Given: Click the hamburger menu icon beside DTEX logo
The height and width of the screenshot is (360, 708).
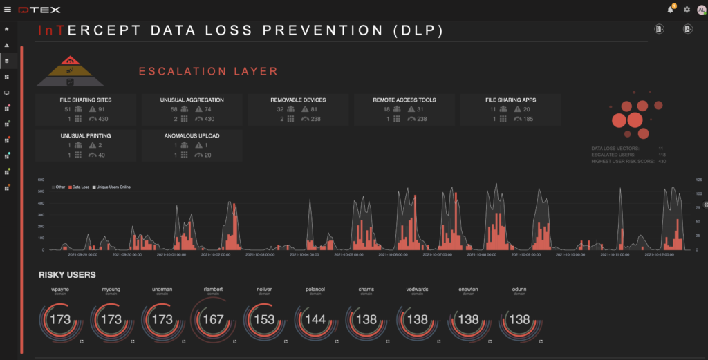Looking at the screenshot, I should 8,9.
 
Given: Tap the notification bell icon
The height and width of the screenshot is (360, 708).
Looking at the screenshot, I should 670,10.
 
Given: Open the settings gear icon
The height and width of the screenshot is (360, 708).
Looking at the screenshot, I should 687,10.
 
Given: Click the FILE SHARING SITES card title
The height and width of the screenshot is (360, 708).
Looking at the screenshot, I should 86,100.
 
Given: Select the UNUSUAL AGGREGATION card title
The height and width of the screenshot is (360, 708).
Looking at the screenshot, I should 192,100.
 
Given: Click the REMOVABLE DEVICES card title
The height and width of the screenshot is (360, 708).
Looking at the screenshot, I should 298,100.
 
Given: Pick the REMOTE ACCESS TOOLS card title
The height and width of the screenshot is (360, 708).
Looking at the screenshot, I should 404,100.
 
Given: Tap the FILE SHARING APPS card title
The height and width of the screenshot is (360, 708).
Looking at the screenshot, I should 510,100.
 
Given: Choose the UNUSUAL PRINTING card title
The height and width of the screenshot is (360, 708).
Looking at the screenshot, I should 86,136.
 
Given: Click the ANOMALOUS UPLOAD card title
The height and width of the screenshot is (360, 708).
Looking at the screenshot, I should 192,136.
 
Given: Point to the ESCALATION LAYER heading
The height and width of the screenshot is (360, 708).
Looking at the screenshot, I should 208,71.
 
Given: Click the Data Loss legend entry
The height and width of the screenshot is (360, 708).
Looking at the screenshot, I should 81,187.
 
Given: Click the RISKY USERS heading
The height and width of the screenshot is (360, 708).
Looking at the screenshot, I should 67,275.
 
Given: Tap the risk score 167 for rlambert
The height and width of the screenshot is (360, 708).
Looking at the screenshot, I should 214,320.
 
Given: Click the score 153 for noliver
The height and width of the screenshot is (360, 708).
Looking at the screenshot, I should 265,320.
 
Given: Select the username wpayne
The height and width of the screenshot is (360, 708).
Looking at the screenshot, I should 61,290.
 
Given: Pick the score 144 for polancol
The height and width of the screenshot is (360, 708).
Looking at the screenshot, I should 316,320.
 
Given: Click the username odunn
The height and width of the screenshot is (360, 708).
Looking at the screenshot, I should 519,290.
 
